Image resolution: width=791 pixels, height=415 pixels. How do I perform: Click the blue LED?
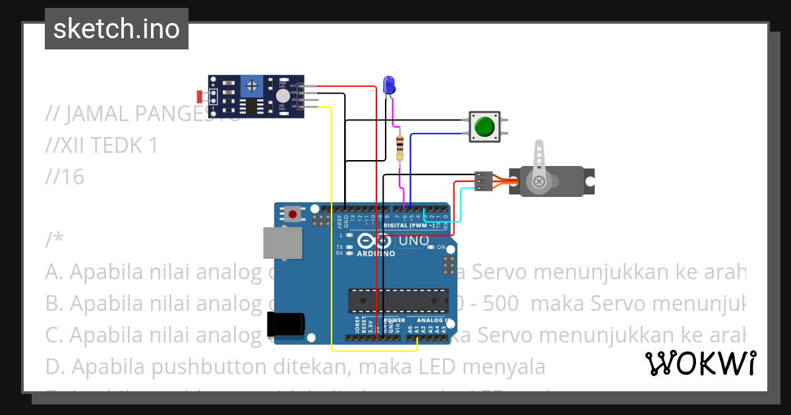[x=389, y=85]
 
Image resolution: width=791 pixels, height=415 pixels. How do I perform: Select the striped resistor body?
[x=399, y=148]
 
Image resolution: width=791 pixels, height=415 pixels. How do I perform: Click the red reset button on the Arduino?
[x=293, y=214]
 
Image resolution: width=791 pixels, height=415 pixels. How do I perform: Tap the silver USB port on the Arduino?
[x=283, y=242]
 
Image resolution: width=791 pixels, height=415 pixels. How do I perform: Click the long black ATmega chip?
[x=398, y=300]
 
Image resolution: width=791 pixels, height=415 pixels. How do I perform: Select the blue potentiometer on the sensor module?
[x=251, y=86]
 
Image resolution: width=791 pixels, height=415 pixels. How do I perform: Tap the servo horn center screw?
[x=539, y=181]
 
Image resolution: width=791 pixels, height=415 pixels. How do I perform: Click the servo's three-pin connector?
[x=483, y=181]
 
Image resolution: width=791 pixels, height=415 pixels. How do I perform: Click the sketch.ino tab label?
[x=117, y=29]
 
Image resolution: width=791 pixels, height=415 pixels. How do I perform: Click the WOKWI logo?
[x=700, y=363]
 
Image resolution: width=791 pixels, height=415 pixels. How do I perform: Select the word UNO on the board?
[x=413, y=241]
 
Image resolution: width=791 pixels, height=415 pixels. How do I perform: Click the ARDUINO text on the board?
[x=376, y=254]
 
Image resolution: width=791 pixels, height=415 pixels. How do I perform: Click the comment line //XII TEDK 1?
[x=102, y=145]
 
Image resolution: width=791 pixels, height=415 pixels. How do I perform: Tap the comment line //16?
[x=65, y=177]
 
